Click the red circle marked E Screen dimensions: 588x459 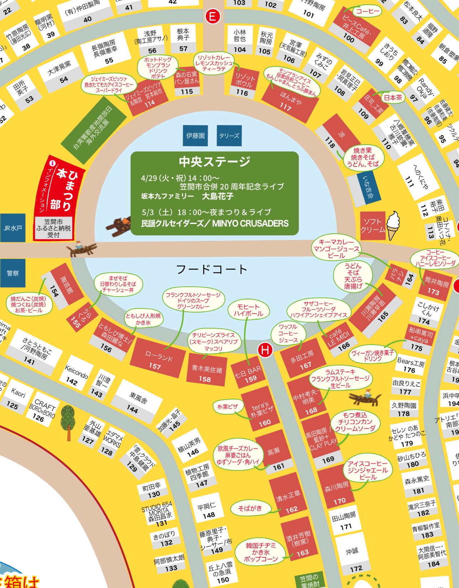coord(213,16)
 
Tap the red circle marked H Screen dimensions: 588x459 coord(265,350)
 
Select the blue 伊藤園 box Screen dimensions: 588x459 coord(195,136)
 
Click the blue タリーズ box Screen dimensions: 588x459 coord(229,136)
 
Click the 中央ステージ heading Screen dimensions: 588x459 coord(215,162)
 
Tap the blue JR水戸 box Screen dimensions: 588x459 coord(13,228)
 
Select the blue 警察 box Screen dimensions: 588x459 coord(13,273)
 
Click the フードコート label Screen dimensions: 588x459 coord(212,269)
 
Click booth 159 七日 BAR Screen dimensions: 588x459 coord(249,374)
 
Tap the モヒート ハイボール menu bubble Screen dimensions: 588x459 coord(248,310)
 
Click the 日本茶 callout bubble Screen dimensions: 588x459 coord(393,97)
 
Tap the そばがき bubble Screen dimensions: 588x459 coord(250,508)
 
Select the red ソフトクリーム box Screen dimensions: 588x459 coord(373,225)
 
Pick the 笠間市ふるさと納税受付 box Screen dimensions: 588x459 coord(54,228)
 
